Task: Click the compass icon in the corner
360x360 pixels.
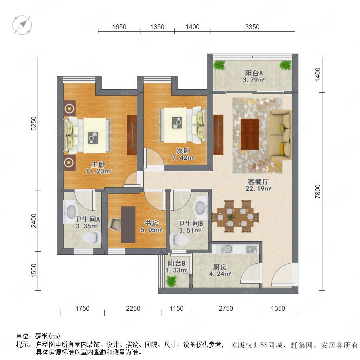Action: (22, 25)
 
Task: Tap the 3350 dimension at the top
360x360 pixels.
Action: (252, 27)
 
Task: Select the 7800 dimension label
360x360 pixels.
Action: (317, 192)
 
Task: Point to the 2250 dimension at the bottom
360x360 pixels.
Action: (133, 308)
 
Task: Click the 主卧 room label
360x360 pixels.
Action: (98, 164)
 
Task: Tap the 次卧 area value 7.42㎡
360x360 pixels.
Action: (183, 158)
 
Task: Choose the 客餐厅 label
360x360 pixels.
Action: (258, 182)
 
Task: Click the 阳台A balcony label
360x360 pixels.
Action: (254, 73)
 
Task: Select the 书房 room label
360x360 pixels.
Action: (152, 223)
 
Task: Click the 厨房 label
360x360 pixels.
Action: (220, 267)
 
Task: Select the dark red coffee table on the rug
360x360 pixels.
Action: (250, 134)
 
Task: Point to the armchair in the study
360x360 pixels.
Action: (114, 224)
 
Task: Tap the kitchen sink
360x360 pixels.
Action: (228, 249)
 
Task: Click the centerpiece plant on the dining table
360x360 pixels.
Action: (231, 217)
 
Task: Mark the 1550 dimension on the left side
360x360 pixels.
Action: (34, 271)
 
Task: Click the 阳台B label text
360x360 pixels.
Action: (176, 263)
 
